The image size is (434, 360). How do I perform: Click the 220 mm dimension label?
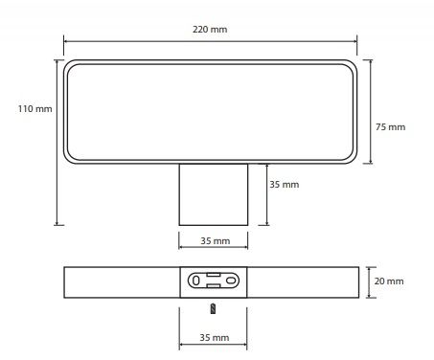[210, 30]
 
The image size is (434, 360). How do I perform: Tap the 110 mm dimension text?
[34, 109]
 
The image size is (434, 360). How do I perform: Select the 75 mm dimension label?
[390, 127]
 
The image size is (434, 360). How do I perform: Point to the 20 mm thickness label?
[389, 281]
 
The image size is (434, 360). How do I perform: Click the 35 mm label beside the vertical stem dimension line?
[285, 185]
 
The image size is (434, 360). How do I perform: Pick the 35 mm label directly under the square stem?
[216, 241]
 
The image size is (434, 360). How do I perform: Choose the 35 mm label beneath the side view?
[215, 337]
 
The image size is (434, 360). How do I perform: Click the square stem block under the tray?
[214, 194]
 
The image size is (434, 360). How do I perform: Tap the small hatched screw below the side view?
[213, 308]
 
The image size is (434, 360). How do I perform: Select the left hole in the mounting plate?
[196, 281]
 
